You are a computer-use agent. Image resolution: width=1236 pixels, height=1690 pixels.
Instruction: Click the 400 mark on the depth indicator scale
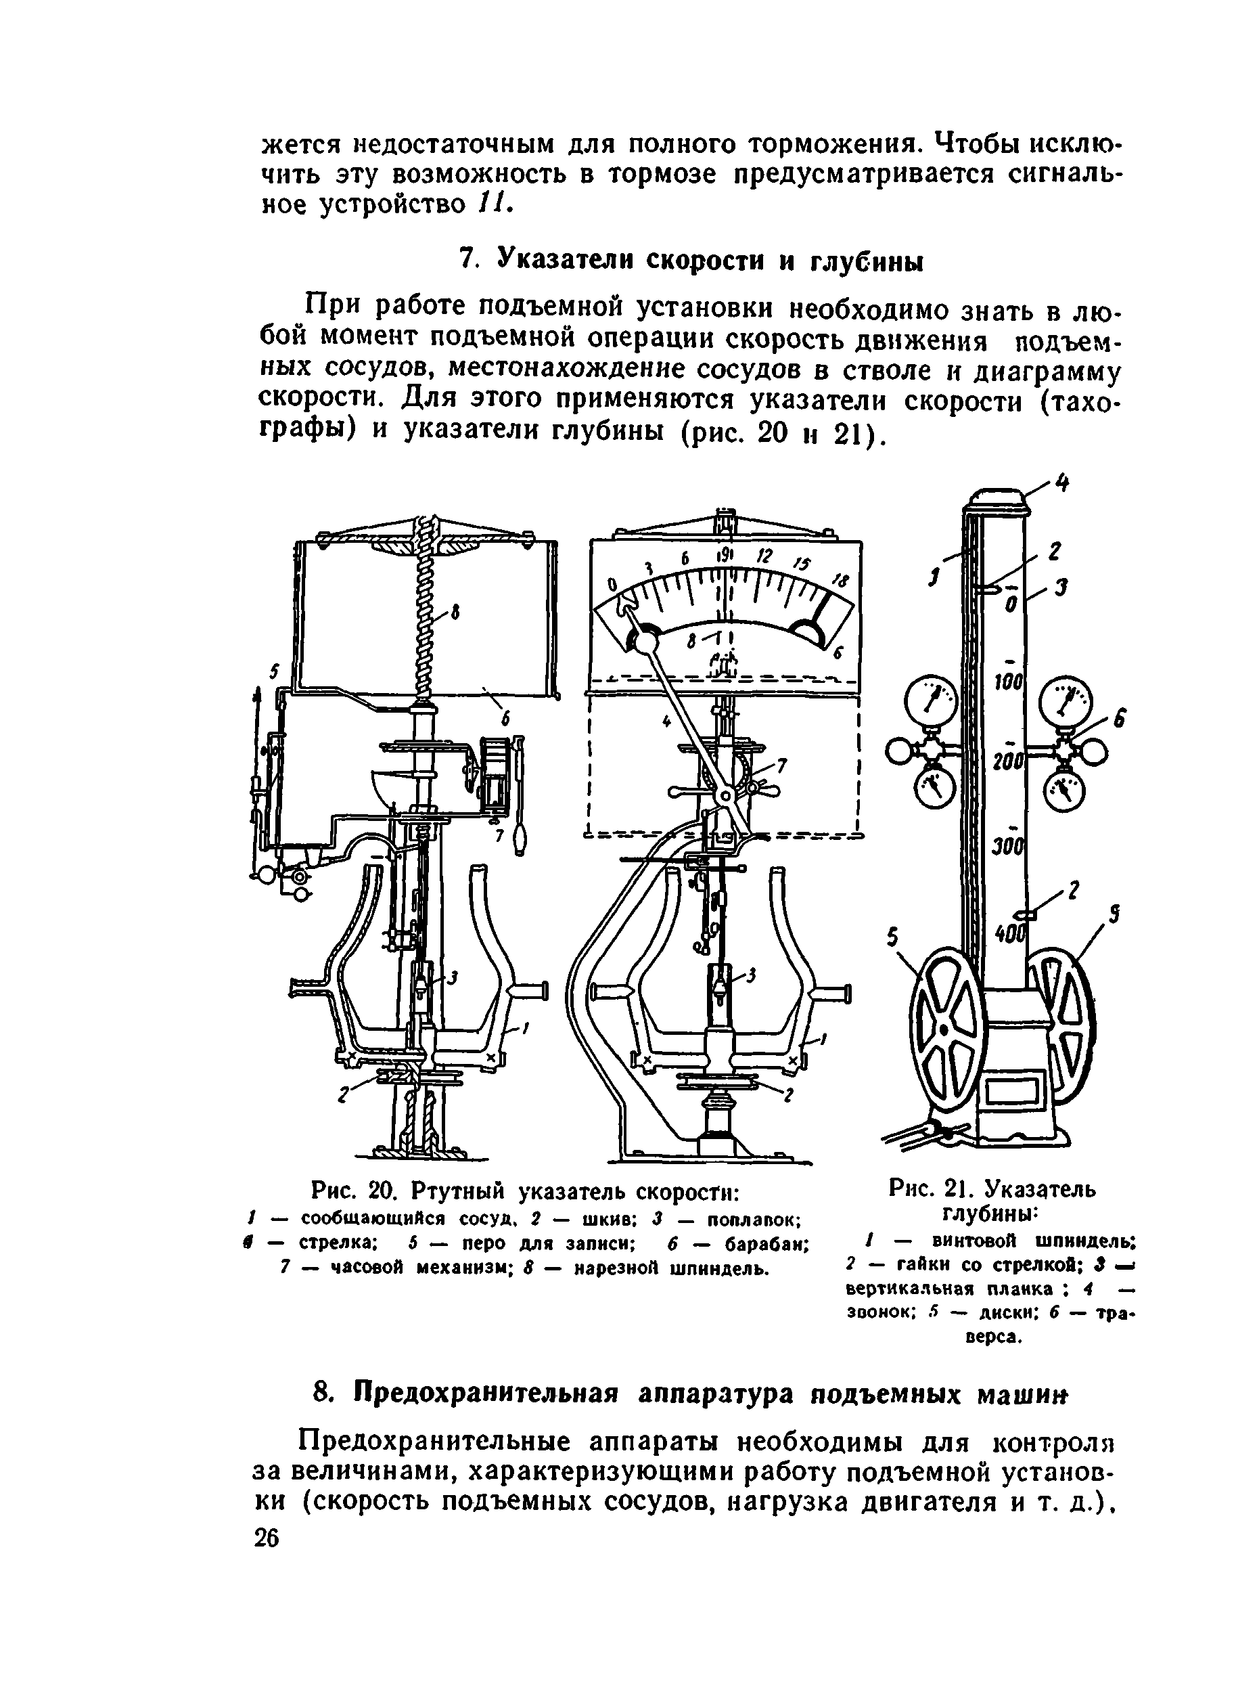(1009, 933)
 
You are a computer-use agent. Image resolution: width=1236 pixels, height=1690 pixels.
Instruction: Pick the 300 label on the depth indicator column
(1008, 847)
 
